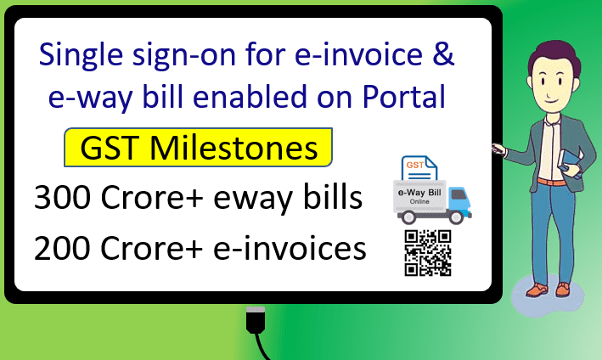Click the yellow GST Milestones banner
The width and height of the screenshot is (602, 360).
198,148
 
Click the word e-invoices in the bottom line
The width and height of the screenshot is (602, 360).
290,248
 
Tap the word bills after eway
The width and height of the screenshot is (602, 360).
333,196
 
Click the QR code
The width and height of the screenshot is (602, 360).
428,253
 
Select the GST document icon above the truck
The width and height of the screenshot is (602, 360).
419,168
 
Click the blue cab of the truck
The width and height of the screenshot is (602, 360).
459,200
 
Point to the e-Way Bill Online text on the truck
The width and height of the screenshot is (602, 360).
419,196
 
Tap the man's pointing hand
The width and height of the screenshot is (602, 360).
499,149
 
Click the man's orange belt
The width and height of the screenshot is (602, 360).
551,182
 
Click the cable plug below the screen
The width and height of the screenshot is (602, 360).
256,320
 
